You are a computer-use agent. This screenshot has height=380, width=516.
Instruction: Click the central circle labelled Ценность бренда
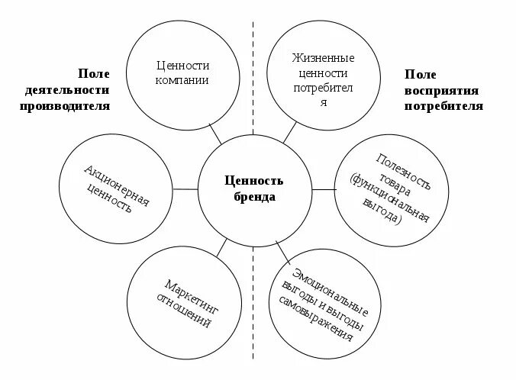tap(254, 188)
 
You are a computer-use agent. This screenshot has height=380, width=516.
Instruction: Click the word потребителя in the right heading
tap(443, 106)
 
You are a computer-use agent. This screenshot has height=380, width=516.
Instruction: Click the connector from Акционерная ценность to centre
tap(185, 188)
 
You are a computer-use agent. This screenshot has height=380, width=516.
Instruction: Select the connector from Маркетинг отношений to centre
tap(222, 247)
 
